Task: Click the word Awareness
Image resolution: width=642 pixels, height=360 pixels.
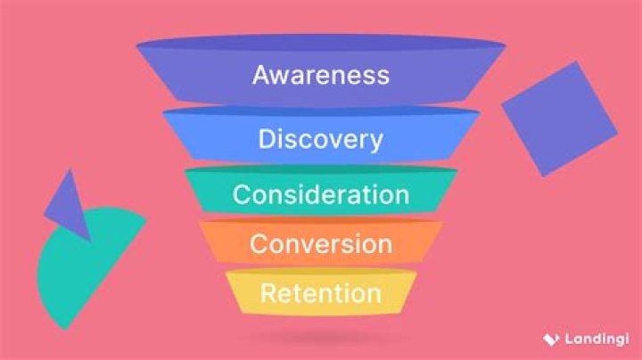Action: (321, 75)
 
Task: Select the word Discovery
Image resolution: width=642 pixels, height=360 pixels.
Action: (321, 140)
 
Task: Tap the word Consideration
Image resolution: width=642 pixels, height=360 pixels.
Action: (321, 194)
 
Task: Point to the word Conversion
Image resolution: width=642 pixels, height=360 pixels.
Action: (321, 244)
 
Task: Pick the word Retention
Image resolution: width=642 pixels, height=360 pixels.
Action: (321, 294)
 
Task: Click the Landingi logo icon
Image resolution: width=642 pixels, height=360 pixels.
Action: (551, 340)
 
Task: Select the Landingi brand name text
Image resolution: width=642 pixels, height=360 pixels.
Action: (597, 339)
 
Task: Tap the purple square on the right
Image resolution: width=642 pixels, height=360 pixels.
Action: (560, 119)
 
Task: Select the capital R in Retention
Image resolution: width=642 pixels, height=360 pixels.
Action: (268, 293)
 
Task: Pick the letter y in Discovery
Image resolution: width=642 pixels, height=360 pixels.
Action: (376, 143)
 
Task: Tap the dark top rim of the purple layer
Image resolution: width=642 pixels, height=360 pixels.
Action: (321, 42)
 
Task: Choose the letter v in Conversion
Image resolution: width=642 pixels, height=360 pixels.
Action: (302, 247)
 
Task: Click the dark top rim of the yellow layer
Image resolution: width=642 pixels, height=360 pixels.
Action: (321, 271)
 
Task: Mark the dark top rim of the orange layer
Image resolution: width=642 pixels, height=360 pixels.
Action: (321, 221)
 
